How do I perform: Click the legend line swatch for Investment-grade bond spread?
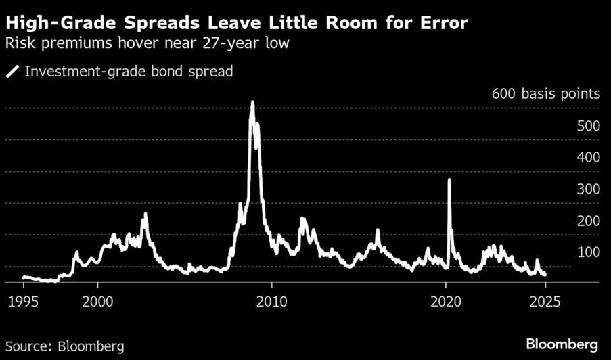(13, 71)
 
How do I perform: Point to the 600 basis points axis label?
(545, 93)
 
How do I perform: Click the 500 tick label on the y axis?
(589, 125)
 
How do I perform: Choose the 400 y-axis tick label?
(589, 157)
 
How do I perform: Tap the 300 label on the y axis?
(589, 189)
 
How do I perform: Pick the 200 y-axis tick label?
(589, 221)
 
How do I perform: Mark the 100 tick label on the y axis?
(589, 252)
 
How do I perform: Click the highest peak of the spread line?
(252, 102)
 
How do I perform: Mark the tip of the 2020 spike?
(449, 180)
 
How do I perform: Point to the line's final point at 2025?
(545, 274)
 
